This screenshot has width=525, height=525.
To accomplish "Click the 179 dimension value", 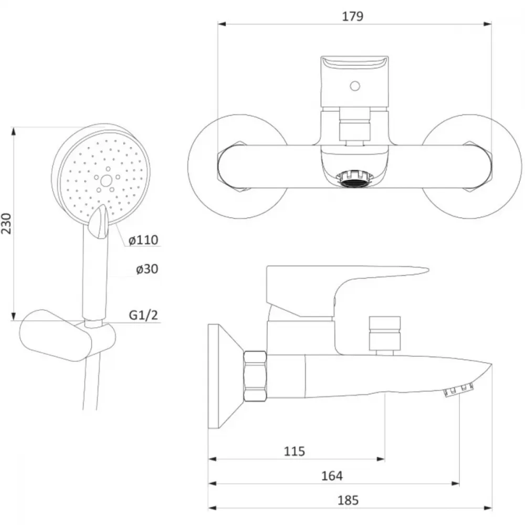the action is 353,16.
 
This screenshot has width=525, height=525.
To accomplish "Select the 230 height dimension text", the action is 6,223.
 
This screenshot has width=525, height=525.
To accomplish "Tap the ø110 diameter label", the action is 143,240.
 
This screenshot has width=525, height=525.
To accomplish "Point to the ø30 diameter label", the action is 147,269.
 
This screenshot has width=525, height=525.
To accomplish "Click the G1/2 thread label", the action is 143,315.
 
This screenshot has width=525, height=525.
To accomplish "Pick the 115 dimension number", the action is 295,451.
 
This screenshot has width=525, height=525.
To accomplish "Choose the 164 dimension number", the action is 332,476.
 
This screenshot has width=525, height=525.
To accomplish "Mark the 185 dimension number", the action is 348,500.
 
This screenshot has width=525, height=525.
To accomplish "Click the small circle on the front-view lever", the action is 355,87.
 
